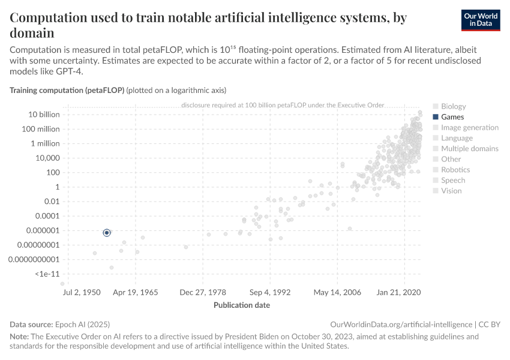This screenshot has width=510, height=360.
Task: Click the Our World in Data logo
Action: click(x=481, y=20)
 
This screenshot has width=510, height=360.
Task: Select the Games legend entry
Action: click(x=452, y=117)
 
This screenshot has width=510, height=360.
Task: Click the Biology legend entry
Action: click(x=453, y=106)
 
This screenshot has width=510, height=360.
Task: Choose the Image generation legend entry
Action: click(x=469, y=127)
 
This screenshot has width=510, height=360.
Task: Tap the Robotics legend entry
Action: click(x=455, y=170)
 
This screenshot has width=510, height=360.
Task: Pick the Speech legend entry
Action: click(x=452, y=180)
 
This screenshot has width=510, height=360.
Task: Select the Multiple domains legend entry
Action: click(x=469, y=149)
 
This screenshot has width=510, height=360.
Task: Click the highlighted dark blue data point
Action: click(x=107, y=232)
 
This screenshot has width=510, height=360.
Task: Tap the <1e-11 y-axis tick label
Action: click(x=47, y=274)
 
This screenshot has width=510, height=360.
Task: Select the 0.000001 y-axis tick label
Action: click(x=41, y=230)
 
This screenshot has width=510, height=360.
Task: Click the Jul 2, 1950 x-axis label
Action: click(x=81, y=292)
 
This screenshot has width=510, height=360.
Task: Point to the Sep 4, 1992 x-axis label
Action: click(x=270, y=292)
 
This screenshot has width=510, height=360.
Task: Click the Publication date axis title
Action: click(x=242, y=305)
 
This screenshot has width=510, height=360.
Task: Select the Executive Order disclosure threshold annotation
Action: click(x=282, y=105)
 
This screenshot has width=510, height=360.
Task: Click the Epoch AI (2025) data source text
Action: click(x=82, y=324)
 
